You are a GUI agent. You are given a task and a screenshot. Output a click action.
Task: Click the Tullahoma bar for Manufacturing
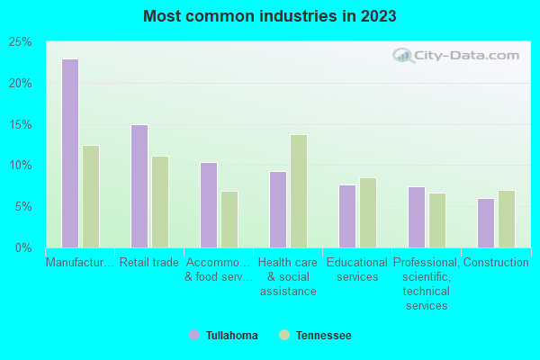coord(69,153)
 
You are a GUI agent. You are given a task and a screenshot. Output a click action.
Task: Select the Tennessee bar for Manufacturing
coord(90,196)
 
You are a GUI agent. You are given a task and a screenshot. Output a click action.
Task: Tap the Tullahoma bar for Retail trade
coord(139,185)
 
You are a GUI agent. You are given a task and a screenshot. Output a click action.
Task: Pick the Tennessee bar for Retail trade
coord(159,202)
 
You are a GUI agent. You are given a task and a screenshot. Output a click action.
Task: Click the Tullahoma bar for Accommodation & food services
coord(208,204)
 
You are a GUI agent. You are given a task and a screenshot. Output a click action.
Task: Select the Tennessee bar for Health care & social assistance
coord(298,191)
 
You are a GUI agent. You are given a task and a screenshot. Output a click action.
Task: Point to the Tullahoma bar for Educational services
coord(346,216)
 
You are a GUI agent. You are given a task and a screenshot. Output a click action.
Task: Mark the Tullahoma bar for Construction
coord(485,222)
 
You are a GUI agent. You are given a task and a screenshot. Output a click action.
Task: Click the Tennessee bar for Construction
coord(506,219)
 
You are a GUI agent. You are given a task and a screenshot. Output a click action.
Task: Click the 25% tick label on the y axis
coord(21,42)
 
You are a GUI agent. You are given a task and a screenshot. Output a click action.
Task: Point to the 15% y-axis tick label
coord(21,124)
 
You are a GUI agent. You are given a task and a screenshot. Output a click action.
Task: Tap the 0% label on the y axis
coord(23,247)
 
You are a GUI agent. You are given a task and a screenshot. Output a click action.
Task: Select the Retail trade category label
coord(148,263)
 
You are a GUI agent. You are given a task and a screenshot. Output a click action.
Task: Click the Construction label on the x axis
coord(496,263)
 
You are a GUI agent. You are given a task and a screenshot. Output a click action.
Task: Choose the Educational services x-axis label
coord(357,270)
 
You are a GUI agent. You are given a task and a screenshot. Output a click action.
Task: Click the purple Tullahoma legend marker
coord(194,336)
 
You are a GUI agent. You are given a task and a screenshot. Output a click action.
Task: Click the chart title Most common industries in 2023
coord(269,16)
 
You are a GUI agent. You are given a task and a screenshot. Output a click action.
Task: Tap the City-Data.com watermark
coord(453,56)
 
